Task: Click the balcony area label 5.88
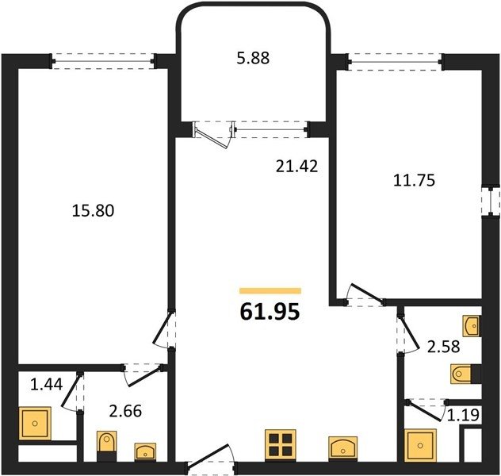(x=253, y=59)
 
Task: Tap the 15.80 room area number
(x=93, y=211)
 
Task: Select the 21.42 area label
(x=296, y=167)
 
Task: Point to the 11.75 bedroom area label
(x=414, y=180)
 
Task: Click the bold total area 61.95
(x=270, y=312)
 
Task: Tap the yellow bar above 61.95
(x=270, y=290)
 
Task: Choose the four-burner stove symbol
(x=280, y=445)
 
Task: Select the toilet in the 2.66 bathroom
(x=107, y=446)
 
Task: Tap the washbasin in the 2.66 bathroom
(x=145, y=451)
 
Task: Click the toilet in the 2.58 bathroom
(x=465, y=374)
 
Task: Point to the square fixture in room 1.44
(x=35, y=424)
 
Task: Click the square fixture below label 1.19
(x=420, y=445)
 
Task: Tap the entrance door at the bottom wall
(x=212, y=459)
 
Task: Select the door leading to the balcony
(x=213, y=134)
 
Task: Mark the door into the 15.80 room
(x=164, y=329)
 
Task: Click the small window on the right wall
(x=491, y=201)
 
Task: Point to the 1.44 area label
(x=46, y=384)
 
